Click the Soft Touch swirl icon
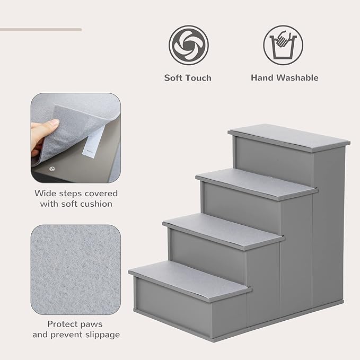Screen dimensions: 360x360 point(188,45)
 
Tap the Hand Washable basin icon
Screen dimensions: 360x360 point(284,45)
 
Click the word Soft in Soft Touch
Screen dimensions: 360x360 point(173,78)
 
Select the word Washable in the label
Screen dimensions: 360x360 point(297,78)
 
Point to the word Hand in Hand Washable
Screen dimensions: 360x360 point(262,78)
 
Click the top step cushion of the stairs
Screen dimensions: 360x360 point(289,137)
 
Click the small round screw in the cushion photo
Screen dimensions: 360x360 point(52,168)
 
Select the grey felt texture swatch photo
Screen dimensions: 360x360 point(75,269)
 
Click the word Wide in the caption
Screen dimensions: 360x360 point(46,193)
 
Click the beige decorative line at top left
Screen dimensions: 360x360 point(40,30)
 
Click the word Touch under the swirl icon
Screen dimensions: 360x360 point(198,78)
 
